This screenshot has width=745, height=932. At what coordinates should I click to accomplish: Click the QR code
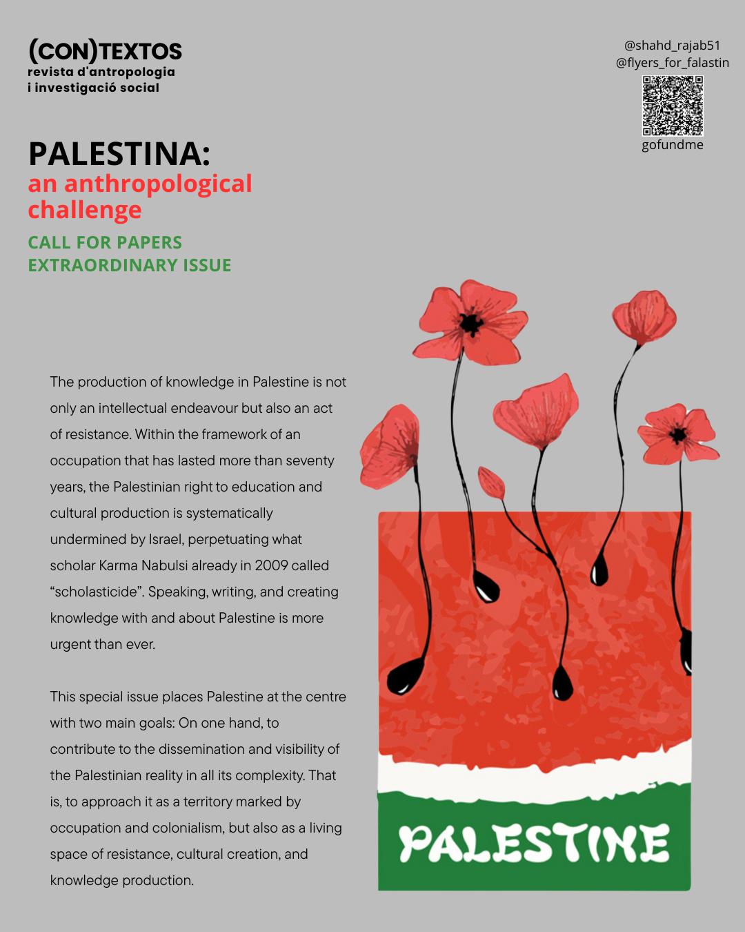(x=673, y=106)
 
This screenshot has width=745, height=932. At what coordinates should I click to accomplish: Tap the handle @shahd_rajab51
(x=672, y=46)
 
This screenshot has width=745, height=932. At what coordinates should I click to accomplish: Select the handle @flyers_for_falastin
(x=672, y=63)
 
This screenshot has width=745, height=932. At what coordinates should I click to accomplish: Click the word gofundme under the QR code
(x=672, y=145)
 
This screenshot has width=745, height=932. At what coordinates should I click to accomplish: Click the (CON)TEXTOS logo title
(x=105, y=50)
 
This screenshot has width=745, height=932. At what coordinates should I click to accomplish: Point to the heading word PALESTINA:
(x=119, y=153)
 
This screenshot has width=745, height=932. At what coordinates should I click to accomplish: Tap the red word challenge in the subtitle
(x=85, y=210)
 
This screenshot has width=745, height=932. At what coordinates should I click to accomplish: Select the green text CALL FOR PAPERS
(x=105, y=242)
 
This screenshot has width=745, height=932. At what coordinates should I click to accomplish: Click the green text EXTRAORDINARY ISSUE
(x=130, y=265)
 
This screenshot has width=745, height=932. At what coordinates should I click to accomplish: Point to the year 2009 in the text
(x=271, y=565)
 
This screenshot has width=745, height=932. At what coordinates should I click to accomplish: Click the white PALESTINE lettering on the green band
(x=534, y=844)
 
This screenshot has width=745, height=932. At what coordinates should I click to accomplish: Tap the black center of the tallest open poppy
(x=471, y=322)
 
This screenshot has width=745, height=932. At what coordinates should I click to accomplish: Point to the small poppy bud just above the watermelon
(x=492, y=483)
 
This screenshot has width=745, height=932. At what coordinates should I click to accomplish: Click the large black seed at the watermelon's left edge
(x=405, y=676)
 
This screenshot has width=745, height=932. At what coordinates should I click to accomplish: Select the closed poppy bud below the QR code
(x=644, y=316)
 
